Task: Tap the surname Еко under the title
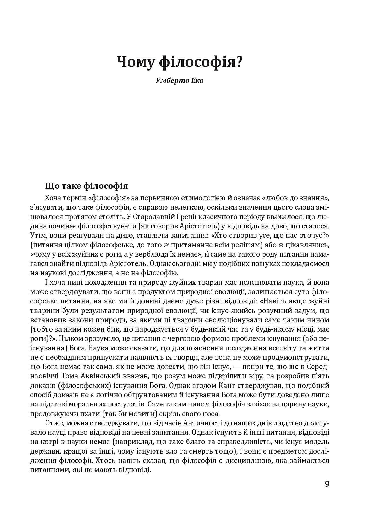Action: tap(196, 81)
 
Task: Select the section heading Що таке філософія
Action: tap(86, 186)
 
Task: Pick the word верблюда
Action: tap(148, 254)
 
